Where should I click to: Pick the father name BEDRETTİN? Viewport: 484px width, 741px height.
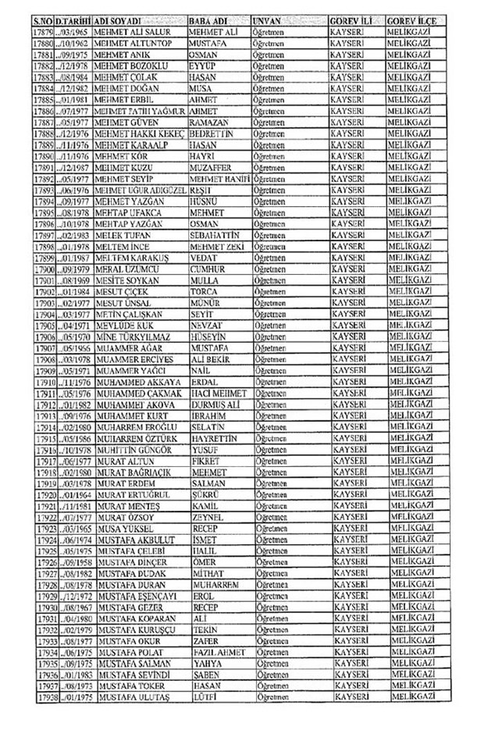[x=212, y=134]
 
